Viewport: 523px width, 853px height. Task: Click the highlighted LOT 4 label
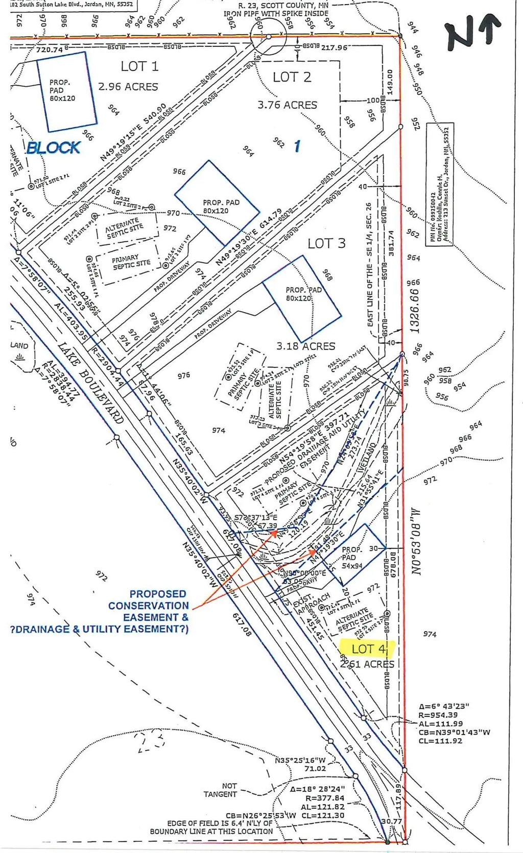pos(368,649)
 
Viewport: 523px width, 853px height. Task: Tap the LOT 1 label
pos(139,66)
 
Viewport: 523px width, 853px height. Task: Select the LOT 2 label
pos(292,77)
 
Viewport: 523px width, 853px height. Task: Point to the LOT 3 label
pos(326,243)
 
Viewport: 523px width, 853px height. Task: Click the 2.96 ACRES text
pos(128,87)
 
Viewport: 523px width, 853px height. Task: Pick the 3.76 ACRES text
pos(287,105)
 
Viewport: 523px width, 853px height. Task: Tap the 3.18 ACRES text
pos(306,346)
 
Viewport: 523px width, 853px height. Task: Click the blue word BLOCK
pos(54,147)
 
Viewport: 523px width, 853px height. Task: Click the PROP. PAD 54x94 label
pos(352,558)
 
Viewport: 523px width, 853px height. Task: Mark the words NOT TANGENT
pos(221,790)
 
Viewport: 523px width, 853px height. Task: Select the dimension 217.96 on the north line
pos(335,47)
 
